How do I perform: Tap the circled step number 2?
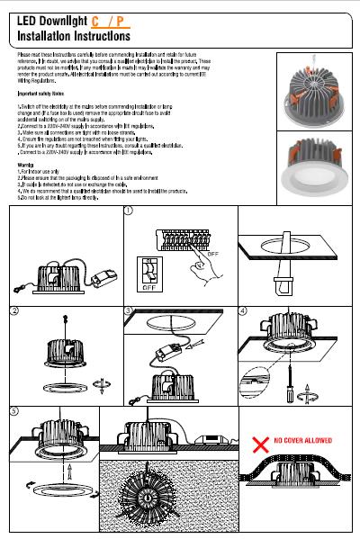13,311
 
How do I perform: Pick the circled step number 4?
244,311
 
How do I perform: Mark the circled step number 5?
13,411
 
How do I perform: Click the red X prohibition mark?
259,442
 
